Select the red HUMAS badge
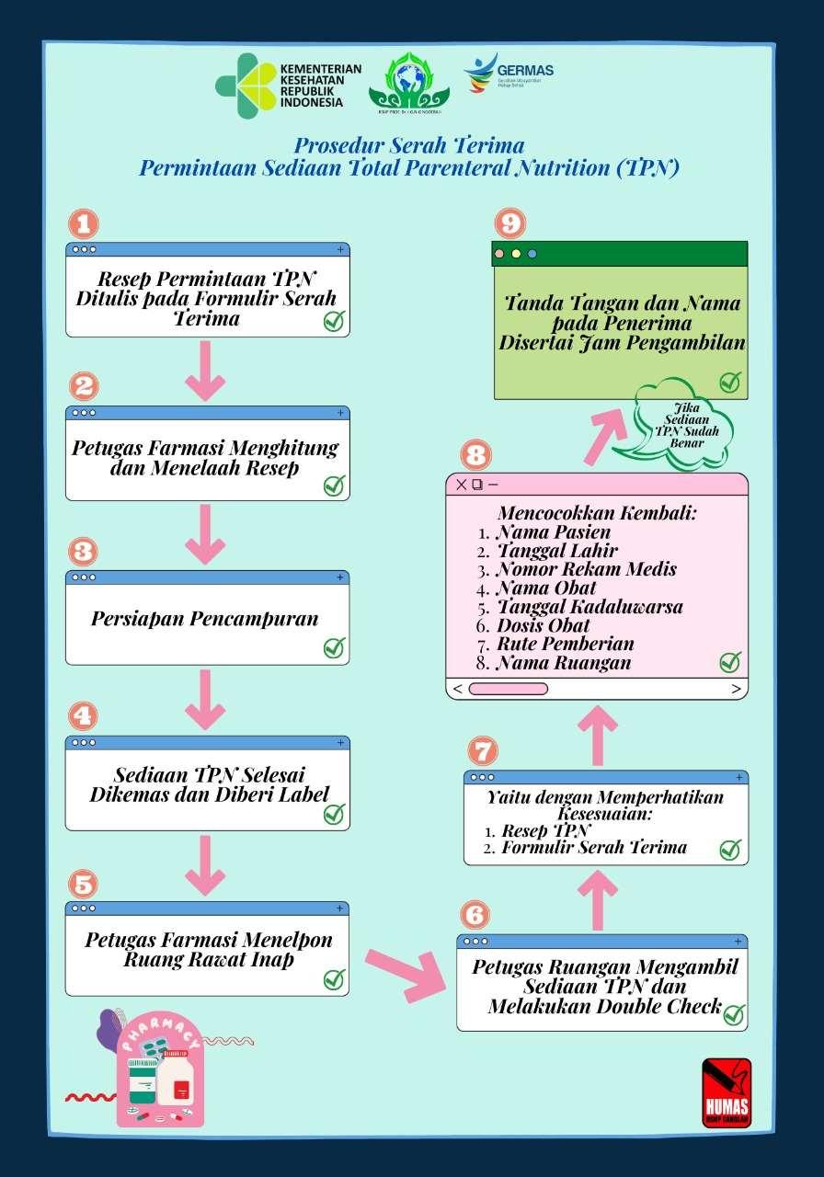[726, 1092]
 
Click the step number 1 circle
[84, 224]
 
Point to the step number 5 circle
[84, 885]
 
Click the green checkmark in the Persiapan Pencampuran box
[334, 647]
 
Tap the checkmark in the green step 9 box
[730, 382]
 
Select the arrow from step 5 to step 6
[406, 970]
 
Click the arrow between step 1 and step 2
[205, 371]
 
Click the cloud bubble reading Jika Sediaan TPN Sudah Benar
[681, 424]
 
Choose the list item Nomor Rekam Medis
[586, 569]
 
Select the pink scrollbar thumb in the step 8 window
[509, 688]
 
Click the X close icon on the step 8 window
[462, 485]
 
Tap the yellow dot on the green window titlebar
[516, 254]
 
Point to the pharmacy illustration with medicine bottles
[158, 1071]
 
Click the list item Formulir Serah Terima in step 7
[593, 848]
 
